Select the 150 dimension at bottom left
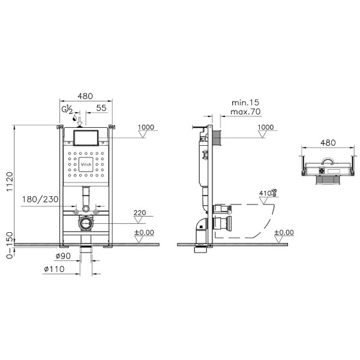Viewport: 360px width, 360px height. pyautogui.click(x=7, y=239)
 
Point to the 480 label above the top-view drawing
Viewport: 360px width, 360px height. pyautogui.click(x=327, y=143)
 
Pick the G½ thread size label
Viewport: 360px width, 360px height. pyautogui.click(x=67, y=109)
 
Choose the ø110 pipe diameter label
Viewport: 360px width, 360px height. pyautogui.click(x=53, y=268)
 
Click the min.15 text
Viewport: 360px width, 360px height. pyautogui.click(x=244, y=103)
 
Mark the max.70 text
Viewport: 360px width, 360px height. pyautogui.click(x=244, y=112)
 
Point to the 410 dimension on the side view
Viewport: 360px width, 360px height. pyautogui.click(x=266, y=193)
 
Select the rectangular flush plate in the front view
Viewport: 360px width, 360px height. pyautogui.click(x=85, y=137)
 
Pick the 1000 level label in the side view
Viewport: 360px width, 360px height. pyautogui.click(x=265, y=127)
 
